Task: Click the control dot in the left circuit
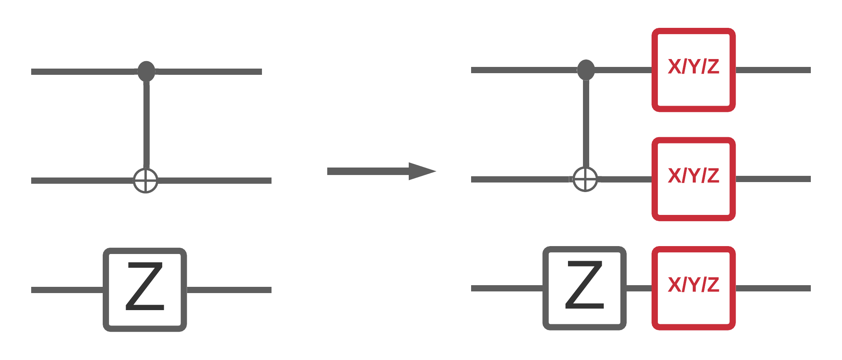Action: click(146, 71)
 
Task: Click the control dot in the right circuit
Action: click(586, 69)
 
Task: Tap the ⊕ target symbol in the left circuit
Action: click(146, 180)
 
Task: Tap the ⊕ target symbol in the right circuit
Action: click(585, 179)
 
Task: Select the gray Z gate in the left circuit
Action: click(145, 289)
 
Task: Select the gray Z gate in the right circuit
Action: click(584, 288)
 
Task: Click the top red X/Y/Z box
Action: click(694, 70)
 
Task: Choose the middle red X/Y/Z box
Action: click(694, 179)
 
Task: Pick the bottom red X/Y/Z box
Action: click(694, 288)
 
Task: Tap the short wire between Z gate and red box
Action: click(639, 288)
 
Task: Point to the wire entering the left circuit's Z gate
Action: click(67, 290)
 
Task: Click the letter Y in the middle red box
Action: click(694, 175)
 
